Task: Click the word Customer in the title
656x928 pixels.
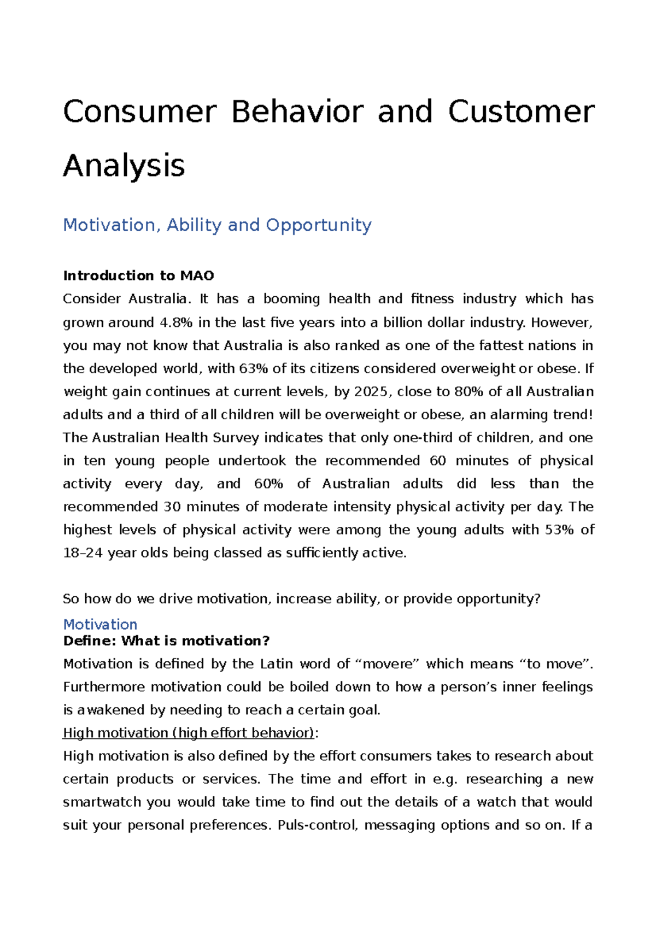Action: [x=520, y=112]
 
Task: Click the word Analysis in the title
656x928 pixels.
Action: [x=124, y=166]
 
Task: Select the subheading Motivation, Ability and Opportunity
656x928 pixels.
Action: [x=217, y=225]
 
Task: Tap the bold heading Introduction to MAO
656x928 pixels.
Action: [x=138, y=275]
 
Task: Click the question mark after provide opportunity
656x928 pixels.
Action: [x=537, y=598]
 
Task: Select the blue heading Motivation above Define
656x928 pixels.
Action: [x=100, y=624]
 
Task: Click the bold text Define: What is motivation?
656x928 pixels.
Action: [x=167, y=641]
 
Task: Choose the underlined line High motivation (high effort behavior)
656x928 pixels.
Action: [x=189, y=733]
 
